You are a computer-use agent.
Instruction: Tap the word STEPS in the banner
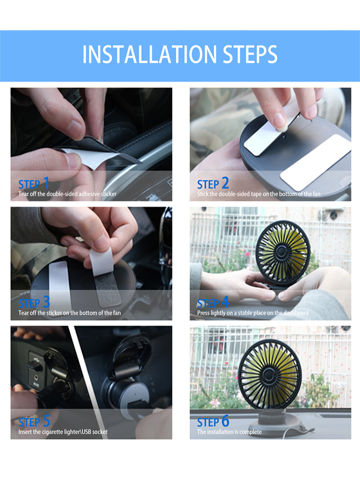[x=250, y=54]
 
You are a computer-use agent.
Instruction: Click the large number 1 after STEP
[x=46, y=183]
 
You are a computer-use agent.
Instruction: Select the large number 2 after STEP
[x=225, y=183]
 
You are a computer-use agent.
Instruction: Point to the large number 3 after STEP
[x=46, y=302]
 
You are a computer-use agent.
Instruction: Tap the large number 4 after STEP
[x=225, y=302]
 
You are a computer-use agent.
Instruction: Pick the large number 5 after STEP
[x=46, y=421]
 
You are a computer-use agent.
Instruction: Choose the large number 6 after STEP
[x=225, y=421]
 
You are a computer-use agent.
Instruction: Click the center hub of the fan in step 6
[x=269, y=374]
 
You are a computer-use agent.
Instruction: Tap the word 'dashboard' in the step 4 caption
[x=296, y=313]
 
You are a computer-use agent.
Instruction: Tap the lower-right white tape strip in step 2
[x=316, y=162]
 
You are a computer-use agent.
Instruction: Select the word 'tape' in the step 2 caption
[x=256, y=194]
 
